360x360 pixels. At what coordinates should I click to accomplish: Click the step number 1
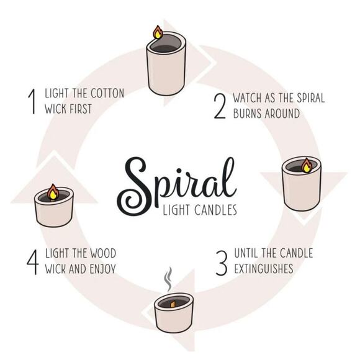tap(32, 101)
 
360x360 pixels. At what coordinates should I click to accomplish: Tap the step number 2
tap(219, 106)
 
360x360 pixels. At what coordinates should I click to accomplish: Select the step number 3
tap(220, 261)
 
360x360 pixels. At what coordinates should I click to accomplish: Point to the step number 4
tap(32, 261)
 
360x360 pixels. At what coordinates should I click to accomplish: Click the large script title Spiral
tap(176, 181)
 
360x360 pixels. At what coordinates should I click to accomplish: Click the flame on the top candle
tap(158, 32)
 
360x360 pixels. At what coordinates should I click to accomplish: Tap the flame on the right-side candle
tap(307, 165)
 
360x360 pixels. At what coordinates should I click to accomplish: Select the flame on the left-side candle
tap(53, 192)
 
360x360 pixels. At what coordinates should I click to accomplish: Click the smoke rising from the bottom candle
tap(167, 280)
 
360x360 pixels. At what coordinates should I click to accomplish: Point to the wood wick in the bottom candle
tap(173, 304)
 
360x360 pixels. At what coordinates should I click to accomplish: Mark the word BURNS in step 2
tap(248, 114)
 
